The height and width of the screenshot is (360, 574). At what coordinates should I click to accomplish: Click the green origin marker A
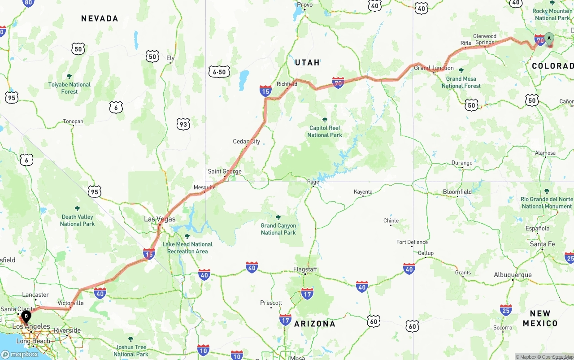549,39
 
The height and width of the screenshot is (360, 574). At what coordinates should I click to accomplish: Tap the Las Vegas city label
160,219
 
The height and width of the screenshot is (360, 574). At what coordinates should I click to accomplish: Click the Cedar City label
246,142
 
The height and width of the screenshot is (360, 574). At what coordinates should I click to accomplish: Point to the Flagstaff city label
305,269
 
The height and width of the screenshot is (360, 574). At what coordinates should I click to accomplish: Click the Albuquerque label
513,275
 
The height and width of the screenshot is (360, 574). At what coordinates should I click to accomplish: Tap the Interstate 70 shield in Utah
338,82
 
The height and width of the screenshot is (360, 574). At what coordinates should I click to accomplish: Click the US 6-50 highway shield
219,71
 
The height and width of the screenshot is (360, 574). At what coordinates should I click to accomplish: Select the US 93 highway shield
183,124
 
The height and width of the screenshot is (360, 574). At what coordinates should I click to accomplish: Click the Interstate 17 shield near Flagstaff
307,294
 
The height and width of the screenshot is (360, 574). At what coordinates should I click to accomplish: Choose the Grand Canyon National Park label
278,229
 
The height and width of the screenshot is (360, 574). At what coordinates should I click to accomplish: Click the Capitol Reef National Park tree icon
325,120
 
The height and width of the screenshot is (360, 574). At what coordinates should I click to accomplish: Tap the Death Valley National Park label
77,220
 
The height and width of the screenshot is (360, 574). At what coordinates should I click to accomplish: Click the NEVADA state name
100,18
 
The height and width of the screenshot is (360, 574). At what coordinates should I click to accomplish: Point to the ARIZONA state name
314,324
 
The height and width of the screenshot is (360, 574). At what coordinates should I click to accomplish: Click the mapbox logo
20,354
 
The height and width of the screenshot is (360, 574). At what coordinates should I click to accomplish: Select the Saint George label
224,172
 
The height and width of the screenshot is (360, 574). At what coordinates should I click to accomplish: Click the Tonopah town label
73,121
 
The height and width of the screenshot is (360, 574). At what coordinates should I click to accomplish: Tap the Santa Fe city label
542,244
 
